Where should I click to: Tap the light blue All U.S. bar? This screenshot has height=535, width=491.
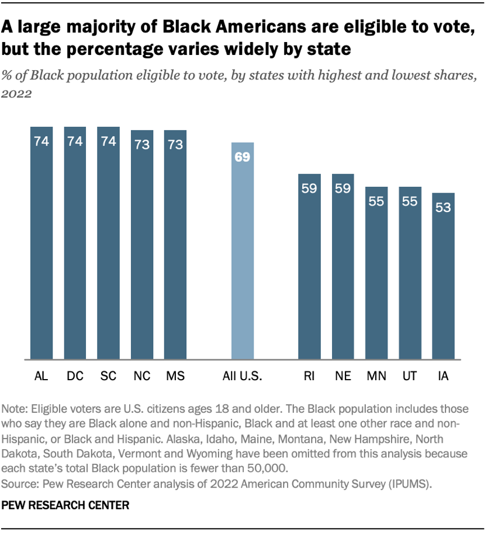coord(243,251)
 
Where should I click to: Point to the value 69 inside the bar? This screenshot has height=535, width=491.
coord(243,157)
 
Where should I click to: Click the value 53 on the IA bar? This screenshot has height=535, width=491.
coord(444,207)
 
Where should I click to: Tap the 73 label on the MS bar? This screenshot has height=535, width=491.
coord(175,145)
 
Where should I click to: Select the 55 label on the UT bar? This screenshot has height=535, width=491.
coord(410,202)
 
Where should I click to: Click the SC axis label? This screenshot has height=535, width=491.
coord(108,377)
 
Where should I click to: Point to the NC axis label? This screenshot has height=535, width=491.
coord(142,377)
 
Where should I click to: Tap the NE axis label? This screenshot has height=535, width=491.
coord(343,377)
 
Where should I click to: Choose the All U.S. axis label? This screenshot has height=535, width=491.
coord(243,377)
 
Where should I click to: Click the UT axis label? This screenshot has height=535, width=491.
coord(410,377)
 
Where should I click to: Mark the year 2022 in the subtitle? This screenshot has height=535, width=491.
coord(18,93)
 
